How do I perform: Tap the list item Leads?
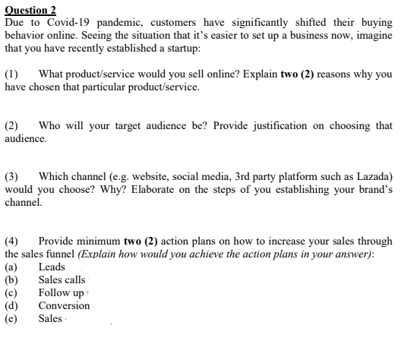[x=52, y=267]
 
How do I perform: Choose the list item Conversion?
[x=64, y=305]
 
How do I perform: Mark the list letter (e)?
[x=11, y=318]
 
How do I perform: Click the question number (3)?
[x=12, y=176]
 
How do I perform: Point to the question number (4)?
[x=12, y=241]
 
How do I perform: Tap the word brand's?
[x=373, y=189]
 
